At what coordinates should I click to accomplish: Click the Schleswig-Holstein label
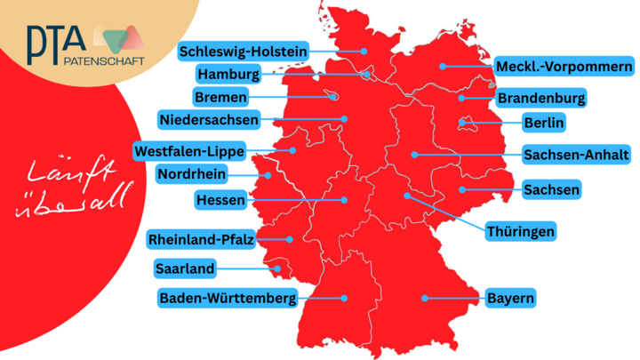(244, 52)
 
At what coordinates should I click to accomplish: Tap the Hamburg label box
(228, 74)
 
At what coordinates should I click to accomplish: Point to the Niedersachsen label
(209, 118)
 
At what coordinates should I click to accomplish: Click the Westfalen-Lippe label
(189, 150)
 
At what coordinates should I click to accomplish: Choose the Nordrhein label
(191, 173)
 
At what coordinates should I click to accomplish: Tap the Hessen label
(220, 200)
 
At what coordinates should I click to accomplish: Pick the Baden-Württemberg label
(228, 298)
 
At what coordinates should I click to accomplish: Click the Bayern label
(510, 298)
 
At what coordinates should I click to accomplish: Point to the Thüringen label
(521, 232)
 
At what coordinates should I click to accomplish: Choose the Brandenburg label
(540, 97)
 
